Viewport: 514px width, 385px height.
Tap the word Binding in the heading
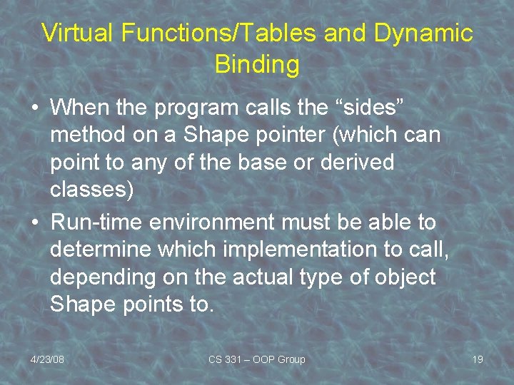(256, 64)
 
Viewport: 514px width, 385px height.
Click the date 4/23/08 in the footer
(47, 359)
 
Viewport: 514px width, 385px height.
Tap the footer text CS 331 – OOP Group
(256, 359)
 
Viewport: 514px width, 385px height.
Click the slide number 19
(477, 359)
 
